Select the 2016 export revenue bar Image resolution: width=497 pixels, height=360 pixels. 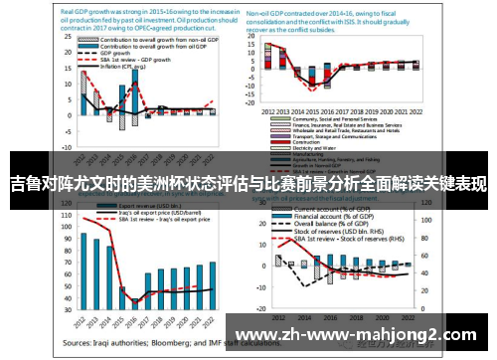point(134,295)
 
